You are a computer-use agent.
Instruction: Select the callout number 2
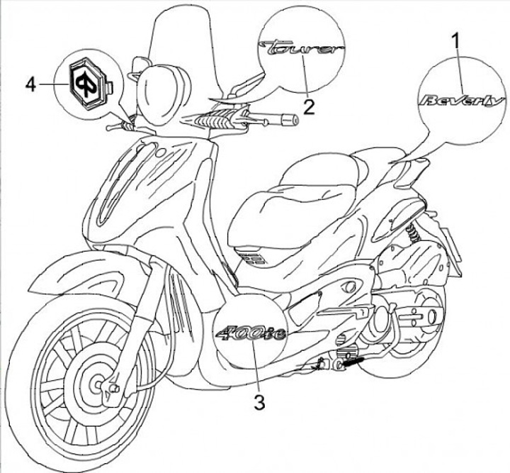pyautogui.click(x=309, y=106)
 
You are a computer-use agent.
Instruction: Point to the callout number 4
pyautogui.click(x=30, y=84)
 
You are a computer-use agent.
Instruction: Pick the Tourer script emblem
pyautogui.click(x=302, y=49)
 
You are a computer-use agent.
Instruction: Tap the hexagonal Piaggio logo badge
pyautogui.click(x=86, y=82)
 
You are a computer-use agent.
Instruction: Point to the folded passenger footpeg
pyautogui.click(x=351, y=362)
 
